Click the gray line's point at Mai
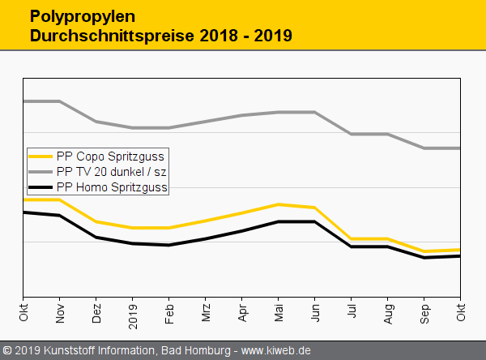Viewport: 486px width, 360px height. (279, 113)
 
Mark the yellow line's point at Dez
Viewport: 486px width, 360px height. (96, 221)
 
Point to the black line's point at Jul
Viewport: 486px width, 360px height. (352, 246)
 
